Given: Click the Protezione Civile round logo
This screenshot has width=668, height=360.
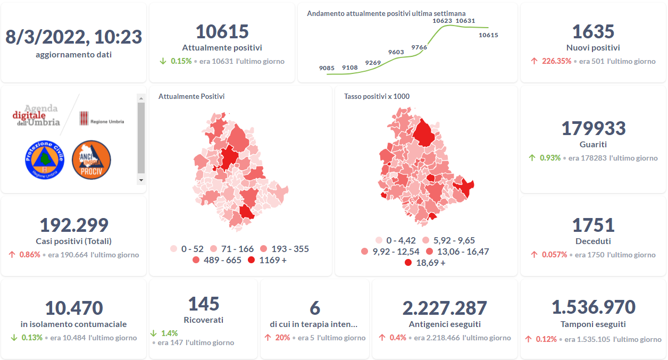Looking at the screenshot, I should click(44, 160).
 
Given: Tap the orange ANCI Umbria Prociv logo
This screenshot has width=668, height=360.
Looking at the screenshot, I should click(91, 160).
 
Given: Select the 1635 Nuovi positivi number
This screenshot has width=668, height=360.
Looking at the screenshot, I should click(593, 32).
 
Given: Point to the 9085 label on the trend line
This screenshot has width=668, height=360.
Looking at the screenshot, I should click(327, 68).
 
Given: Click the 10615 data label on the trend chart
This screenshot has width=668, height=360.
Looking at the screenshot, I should click(488, 35).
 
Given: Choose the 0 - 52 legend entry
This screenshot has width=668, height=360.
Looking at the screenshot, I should click(187, 249).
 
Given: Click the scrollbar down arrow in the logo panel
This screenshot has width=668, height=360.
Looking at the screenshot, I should click(141, 180).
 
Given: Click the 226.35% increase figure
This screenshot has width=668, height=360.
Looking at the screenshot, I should click(556, 61).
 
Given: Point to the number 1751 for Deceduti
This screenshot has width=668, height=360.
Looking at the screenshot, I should click(593, 225).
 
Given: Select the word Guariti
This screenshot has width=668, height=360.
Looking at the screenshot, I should click(593, 144).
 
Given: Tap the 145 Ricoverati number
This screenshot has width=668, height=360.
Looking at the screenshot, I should click(204, 304).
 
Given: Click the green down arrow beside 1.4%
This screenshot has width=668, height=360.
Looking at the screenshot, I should click(154, 333).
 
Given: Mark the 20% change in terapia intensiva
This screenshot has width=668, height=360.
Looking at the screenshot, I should click(282, 338).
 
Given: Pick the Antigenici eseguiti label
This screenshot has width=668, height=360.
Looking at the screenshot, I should click(445, 324).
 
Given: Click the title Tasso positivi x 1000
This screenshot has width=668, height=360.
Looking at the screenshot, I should click(377, 96).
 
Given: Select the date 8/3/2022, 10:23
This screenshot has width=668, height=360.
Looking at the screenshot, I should click(74, 37).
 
